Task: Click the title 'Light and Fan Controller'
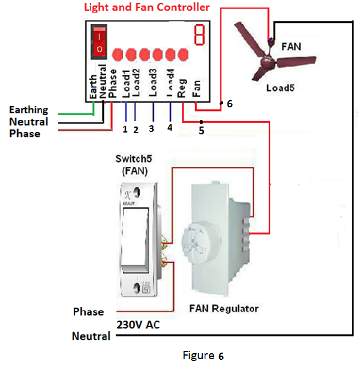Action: tap(147, 8)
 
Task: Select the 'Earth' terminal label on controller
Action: tap(93, 86)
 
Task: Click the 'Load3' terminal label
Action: tap(153, 84)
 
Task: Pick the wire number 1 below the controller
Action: tap(125, 129)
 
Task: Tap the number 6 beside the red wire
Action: tap(229, 104)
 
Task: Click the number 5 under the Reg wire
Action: tap(202, 130)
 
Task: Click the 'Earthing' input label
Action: tap(29, 110)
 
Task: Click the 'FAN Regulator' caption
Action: tap(224, 309)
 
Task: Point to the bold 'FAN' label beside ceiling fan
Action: tap(292, 46)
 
